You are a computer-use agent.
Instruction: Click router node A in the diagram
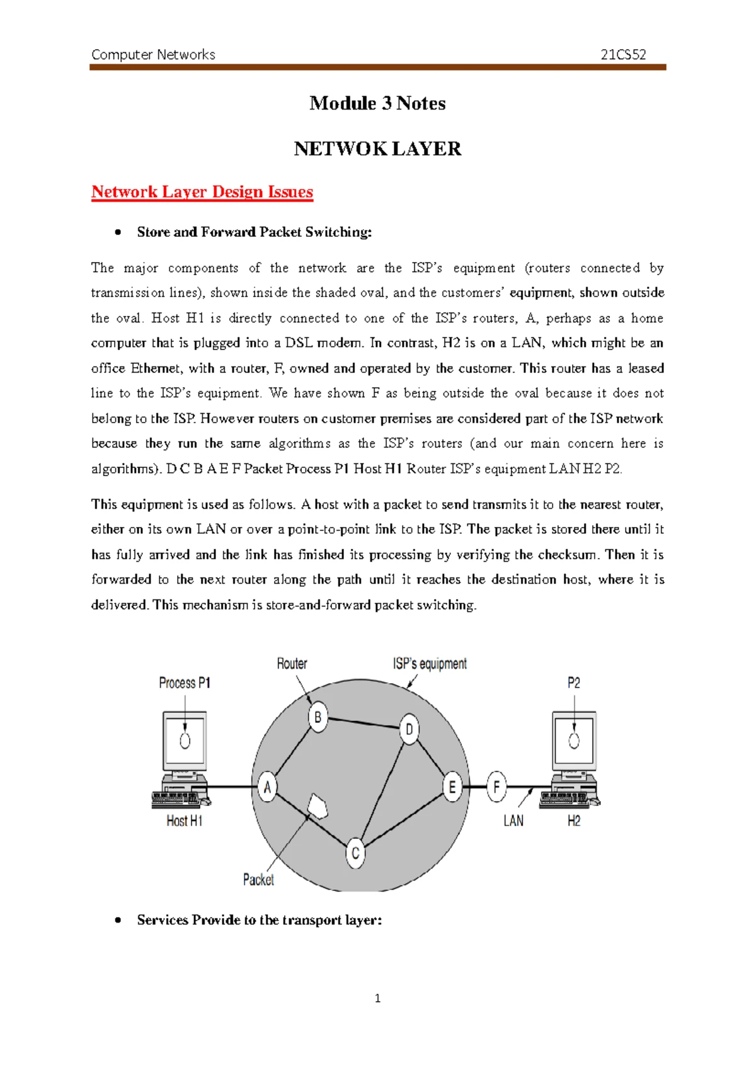point(267,787)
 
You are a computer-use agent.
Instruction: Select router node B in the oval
point(318,717)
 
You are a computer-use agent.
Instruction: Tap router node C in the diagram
point(355,853)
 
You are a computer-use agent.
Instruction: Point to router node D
point(409,729)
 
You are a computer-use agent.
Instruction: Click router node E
point(452,787)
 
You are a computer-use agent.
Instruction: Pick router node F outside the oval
point(496,787)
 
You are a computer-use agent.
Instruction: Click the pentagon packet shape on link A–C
point(317,805)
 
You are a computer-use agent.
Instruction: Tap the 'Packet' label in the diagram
point(258,880)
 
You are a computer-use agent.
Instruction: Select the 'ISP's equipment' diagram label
point(430,664)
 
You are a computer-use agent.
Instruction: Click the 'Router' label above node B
point(292,664)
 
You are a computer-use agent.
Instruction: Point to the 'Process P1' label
point(185,683)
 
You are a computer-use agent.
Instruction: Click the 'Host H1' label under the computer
point(184,821)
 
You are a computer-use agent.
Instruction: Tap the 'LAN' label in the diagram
point(513,821)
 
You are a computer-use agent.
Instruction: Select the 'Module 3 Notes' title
point(377,103)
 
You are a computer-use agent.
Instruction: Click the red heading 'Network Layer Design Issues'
point(202,191)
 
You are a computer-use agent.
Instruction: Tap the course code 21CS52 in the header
point(623,55)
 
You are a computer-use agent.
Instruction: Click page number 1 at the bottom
point(377,998)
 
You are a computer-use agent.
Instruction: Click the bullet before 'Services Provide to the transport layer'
point(118,920)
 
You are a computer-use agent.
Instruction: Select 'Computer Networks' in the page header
point(153,55)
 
